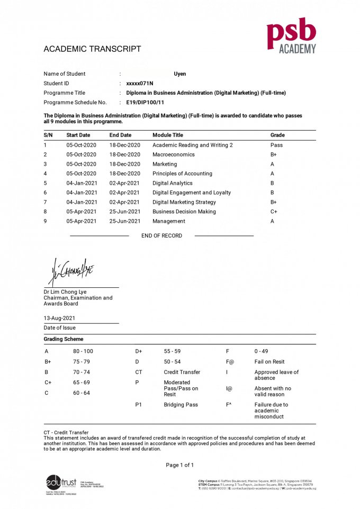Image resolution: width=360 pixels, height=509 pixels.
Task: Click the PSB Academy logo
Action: coord(291,38)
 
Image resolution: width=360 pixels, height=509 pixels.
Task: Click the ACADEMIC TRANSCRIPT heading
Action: coord(92,49)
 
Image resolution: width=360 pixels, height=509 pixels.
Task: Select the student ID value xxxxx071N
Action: coord(140,84)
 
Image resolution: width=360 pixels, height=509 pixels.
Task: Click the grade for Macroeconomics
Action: coord(274,154)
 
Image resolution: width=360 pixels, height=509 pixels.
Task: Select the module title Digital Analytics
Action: coord(173,183)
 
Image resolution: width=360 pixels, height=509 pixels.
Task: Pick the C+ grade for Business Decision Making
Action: coord(274,212)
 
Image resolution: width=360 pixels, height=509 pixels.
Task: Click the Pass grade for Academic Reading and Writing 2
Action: coord(276,145)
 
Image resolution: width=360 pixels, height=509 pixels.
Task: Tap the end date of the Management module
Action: coord(124,221)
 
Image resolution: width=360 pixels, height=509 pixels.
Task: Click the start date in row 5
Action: coord(82,183)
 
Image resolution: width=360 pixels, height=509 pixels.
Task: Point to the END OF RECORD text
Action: coord(161,236)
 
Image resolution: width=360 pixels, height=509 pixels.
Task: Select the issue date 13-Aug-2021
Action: coord(59,319)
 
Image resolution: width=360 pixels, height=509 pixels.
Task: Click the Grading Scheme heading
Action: coord(64,339)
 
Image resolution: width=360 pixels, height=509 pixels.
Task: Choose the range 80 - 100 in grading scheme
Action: coord(83,351)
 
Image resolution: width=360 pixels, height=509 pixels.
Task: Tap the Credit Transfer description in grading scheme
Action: coord(182,372)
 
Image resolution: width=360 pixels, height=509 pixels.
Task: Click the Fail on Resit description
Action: coord(271,362)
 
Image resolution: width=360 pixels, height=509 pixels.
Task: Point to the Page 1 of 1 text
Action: coord(180,465)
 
